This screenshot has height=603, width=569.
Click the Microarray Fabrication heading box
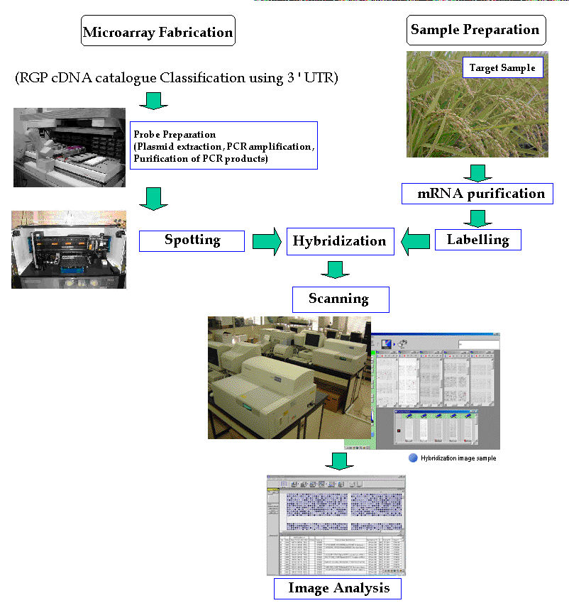(158, 32)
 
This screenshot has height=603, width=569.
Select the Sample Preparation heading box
(475, 30)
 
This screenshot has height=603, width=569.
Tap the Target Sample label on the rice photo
(503, 68)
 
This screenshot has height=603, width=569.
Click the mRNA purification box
(476, 193)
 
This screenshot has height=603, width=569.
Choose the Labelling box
(477, 240)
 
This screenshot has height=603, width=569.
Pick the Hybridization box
(339, 241)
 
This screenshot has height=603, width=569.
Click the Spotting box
(192, 240)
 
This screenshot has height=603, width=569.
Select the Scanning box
(340, 299)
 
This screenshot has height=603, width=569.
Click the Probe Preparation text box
(222, 145)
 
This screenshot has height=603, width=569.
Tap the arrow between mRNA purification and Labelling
(477, 216)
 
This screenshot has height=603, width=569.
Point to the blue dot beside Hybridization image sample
(413, 458)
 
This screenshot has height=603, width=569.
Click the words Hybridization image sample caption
(458, 458)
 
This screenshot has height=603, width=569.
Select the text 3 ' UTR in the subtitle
(309, 77)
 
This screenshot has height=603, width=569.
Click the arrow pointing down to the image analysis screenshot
(340, 461)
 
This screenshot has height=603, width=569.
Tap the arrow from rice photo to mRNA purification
(477, 172)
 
